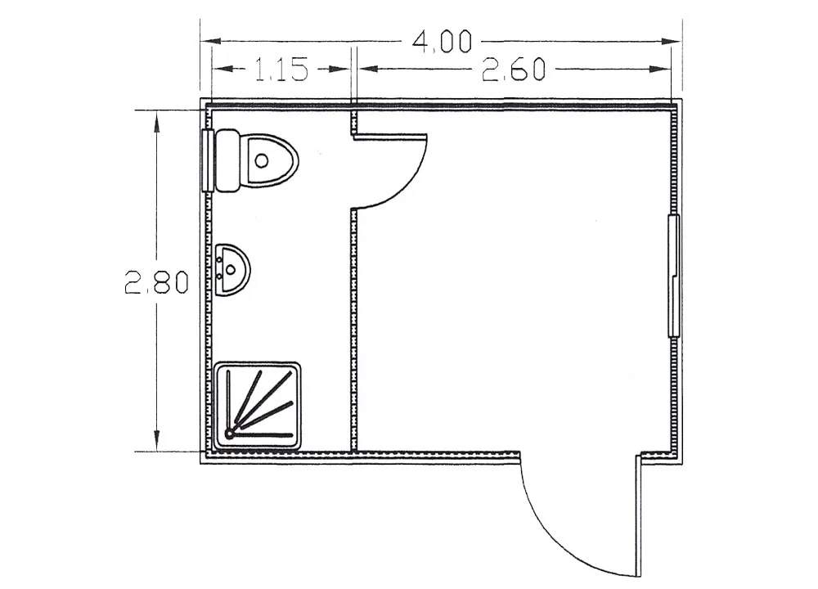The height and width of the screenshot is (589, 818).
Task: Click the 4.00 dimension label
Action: pyautogui.click(x=442, y=41)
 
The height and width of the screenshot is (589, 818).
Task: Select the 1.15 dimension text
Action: pyautogui.click(x=281, y=70)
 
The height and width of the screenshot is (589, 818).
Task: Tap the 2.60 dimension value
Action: pyautogui.click(x=514, y=70)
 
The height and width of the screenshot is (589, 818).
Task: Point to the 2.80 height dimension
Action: pyautogui.click(x=156, y=283)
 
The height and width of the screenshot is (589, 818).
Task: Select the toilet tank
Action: pyautogui.click(x=227, y=160)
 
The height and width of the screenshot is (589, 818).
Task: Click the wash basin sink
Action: pyautogui.click(x=231, y=270)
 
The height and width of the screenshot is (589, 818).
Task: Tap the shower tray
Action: pyautogui.click(x=258, y=406)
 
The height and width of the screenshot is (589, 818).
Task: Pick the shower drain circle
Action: pyautogui.click(x=229, y=434)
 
